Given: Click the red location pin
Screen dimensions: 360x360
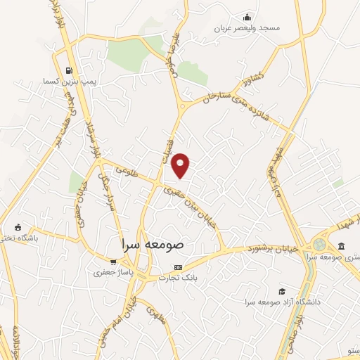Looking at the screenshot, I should [x=181, y=165].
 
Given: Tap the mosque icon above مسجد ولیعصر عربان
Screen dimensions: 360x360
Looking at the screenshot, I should [x=247, y=18].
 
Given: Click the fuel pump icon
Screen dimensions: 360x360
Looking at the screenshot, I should [x=68, y=70].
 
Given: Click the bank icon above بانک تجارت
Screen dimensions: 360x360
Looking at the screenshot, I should [x=177, y=268].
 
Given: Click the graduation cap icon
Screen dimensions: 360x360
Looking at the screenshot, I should [x=282, y=291].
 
